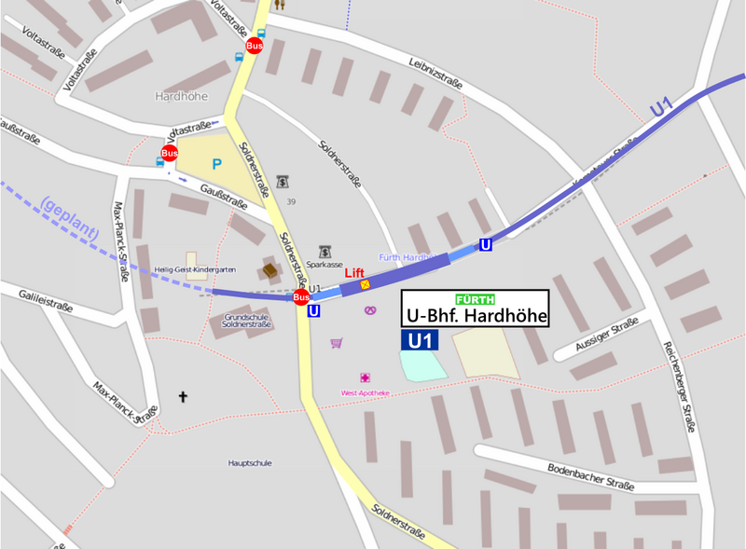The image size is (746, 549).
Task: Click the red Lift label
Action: click(x=354, y=271)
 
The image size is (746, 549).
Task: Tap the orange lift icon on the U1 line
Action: click(x=366, y=283)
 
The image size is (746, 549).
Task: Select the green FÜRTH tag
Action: click(x=475, y=299)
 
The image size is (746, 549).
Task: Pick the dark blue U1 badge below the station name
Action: click(x=420, y=340)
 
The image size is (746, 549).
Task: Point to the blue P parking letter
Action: click(x=216, y=164)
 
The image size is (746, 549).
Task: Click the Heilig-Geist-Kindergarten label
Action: click(x=195, y=269)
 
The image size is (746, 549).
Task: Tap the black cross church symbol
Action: click(x=183, y=397)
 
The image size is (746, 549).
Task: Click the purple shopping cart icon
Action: click(x=336, y=343)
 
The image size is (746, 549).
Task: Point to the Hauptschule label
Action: click(x=250, y=462)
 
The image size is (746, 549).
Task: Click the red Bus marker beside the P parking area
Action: click(x=170, y=153)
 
